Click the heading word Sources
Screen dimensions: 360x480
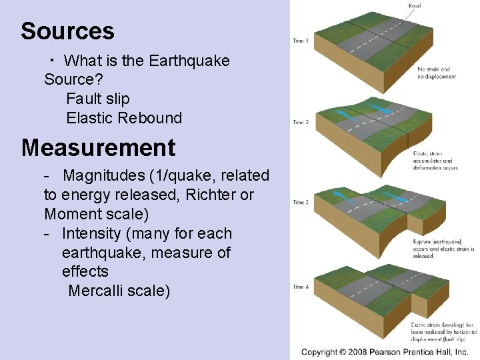[67, 31]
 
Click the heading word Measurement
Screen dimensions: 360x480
[98, 147]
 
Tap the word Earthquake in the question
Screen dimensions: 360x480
[189, 61]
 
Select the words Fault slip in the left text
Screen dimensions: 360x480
[98, 99]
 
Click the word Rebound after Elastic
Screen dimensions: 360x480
[151, 118]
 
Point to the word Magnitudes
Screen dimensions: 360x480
[104, 175]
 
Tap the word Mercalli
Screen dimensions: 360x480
[94, 291]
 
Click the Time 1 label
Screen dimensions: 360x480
[301, 41]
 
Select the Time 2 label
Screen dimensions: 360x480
[301, 122]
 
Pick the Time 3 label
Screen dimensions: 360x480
[301, 202]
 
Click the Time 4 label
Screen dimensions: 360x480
[301, 287]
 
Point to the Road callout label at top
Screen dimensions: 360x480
[414, 6]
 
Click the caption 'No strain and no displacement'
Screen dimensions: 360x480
[437, 73]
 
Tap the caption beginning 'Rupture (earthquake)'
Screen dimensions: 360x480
[443, 248]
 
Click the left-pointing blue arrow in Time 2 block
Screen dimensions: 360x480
[345, 113]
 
